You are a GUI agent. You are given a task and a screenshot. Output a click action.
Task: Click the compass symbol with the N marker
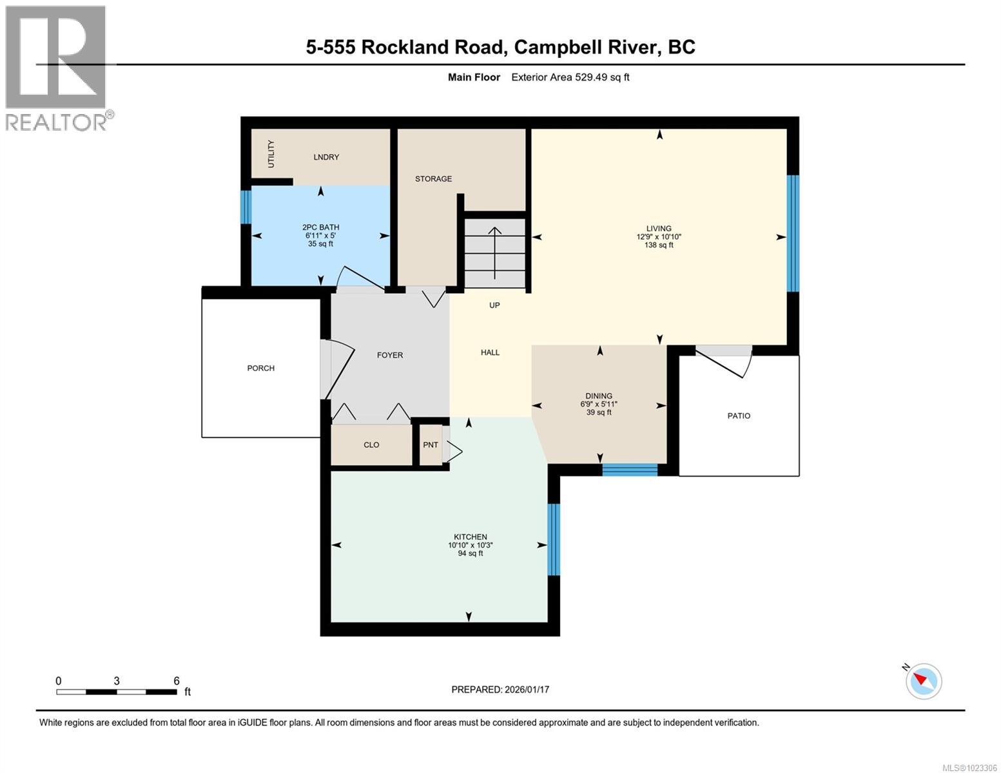[x=923, y=680]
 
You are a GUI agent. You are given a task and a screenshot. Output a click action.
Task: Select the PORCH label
[x=260, y=368]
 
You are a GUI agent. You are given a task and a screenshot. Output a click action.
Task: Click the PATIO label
[x=739, y=416]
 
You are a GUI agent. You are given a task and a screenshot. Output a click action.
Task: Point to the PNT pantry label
[x=431, y=445]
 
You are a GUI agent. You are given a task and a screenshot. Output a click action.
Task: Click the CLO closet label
[x=371, y=445]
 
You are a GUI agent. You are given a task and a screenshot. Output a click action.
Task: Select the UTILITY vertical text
[x=271, y=154]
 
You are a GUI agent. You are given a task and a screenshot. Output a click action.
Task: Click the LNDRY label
[x=326, y=157]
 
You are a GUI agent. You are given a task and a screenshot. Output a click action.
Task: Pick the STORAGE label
[x=433, y=179]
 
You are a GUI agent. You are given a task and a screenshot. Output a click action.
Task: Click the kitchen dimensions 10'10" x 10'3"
[x=471, y=545]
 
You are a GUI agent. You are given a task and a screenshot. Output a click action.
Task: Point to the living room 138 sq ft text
[x=659, y=245]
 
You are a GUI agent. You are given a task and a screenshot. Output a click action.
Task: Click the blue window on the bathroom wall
[x=246, y=207]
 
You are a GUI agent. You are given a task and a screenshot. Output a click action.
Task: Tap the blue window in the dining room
[x=630, y=470]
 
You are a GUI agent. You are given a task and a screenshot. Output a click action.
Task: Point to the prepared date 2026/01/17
[x=500, y=689]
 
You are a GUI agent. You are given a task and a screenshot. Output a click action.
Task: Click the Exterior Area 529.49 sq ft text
[x=570, y=77]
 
